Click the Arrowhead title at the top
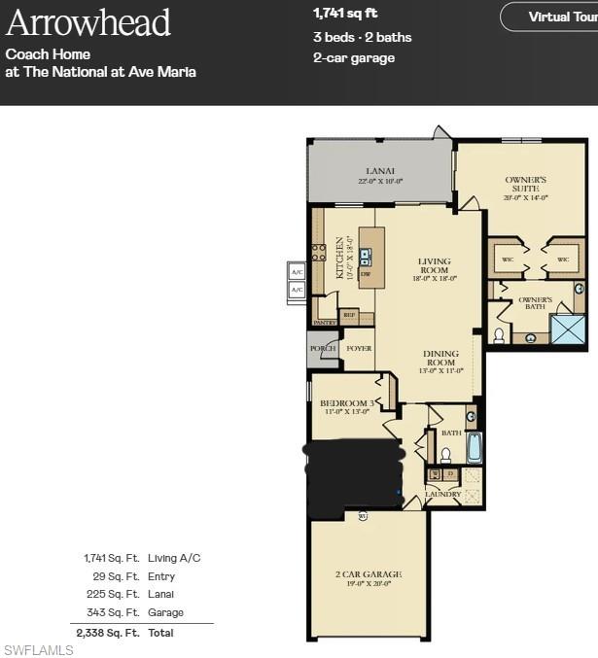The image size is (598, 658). click(88, 22)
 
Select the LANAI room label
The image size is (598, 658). click(381, 172)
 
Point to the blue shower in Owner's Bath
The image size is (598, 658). click(568, 329)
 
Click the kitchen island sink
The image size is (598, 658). click(366, 257)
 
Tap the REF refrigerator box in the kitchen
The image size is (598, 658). click(350, 314)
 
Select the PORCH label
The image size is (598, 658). click(322, 348)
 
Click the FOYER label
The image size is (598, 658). click(359, 348)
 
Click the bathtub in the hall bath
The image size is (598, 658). click(474, 446)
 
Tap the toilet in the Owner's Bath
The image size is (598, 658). click(499, 335)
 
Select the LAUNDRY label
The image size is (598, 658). click(442, 494)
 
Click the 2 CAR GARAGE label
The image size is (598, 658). click(367, 574)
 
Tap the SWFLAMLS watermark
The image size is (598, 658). click(38, 649)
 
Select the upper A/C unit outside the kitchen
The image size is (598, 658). click(297, 272)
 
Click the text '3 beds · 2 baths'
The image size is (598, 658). click(362, 37)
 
